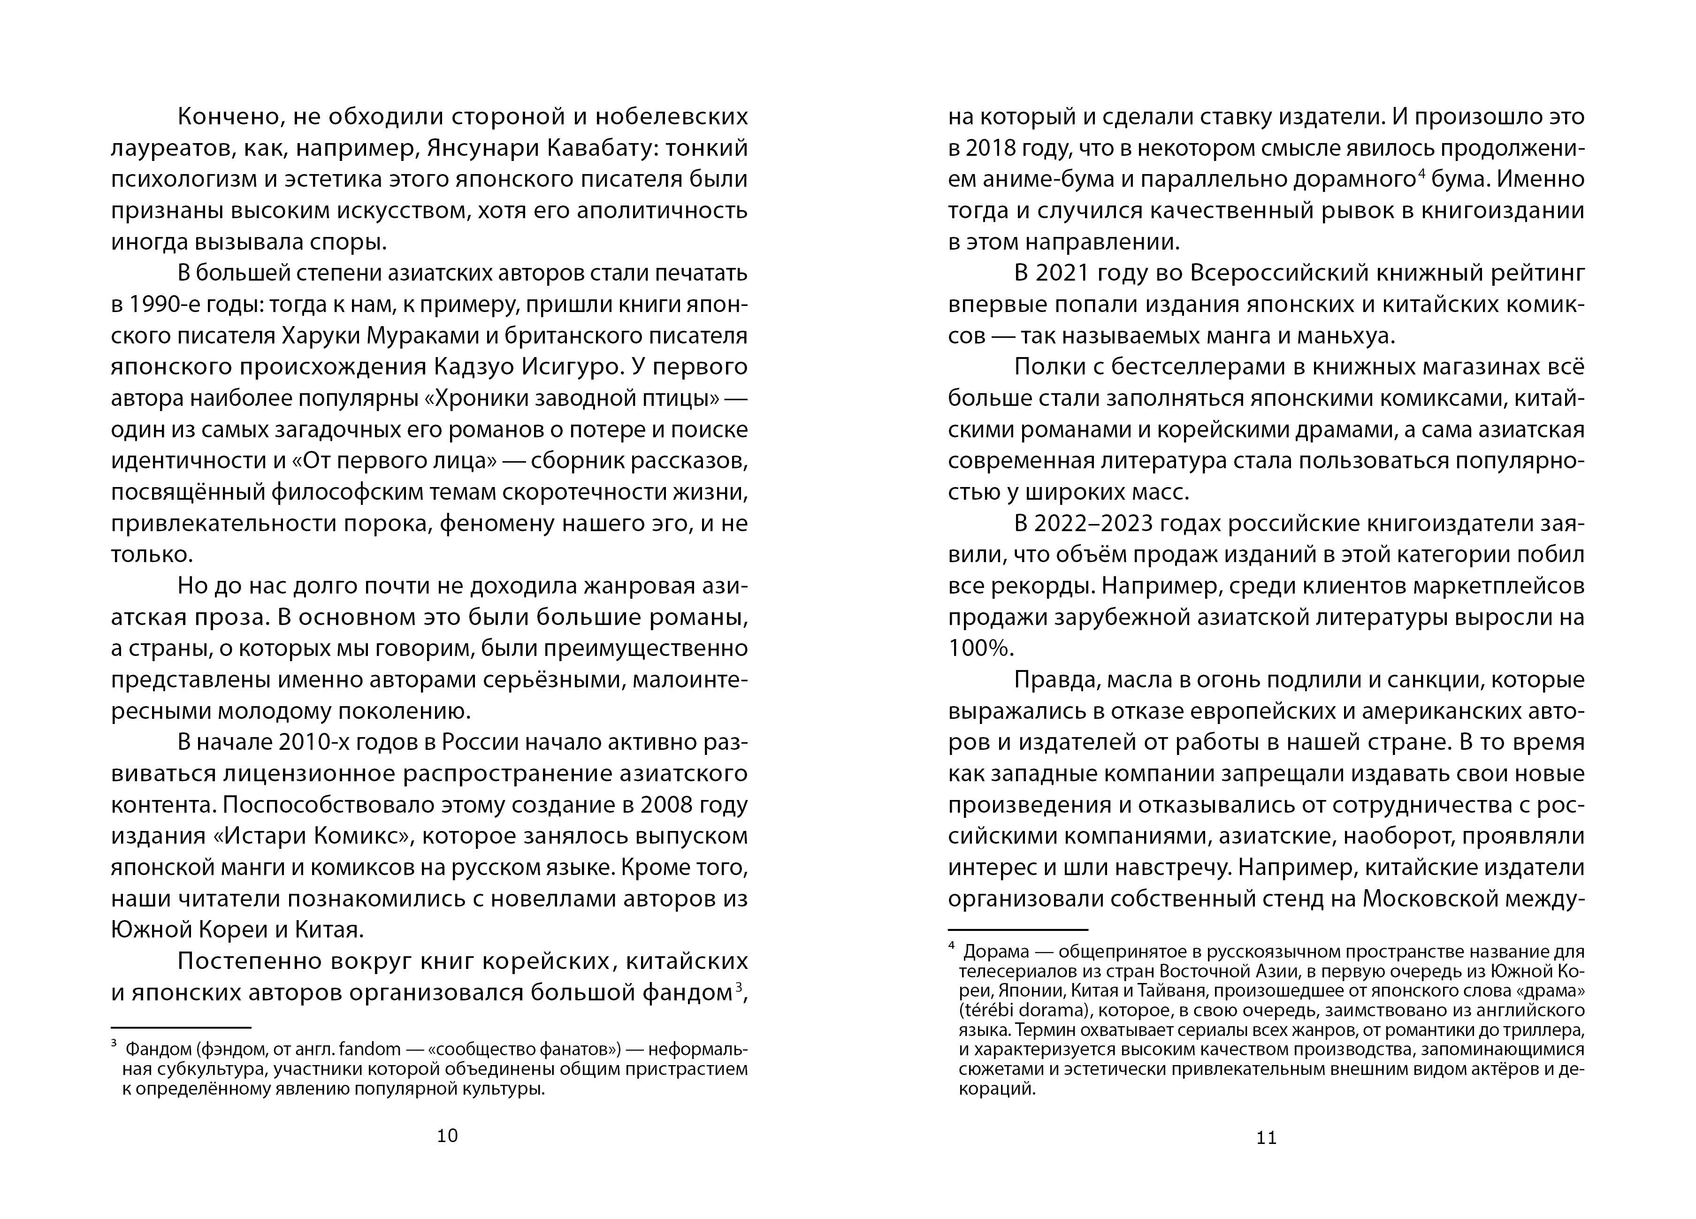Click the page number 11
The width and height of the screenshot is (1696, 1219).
click(x=1266, y=1137)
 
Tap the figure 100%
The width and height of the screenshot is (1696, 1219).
click(x=979, y=648)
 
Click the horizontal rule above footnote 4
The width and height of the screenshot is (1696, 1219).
click(x=1018, y=929)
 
